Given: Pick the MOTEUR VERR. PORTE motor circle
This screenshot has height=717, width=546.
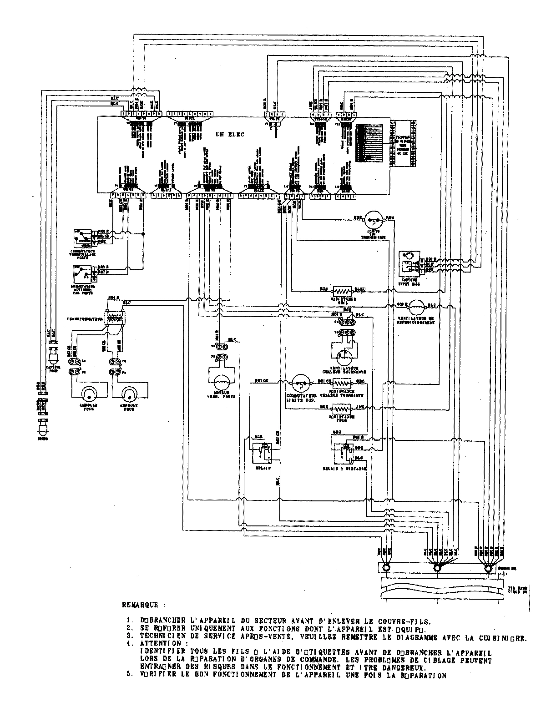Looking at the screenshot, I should tap(220, 379).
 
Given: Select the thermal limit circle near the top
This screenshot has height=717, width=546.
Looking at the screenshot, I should tap(374, 219).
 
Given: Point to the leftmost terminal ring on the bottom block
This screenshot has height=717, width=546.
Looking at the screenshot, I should tap(386, 568).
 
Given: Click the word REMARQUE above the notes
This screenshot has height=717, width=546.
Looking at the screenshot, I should tap(141, 605).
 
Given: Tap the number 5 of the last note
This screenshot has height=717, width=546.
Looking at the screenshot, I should tap(130, 675).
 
